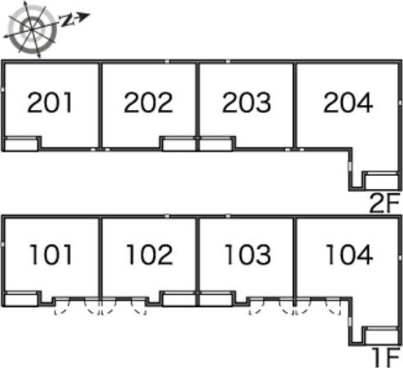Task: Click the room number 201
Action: pyautogui.click(x=50, y=103)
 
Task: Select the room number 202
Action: pyautogui.click(x=148, y=103)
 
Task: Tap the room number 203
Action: pyautogui.click(x=247, y=103)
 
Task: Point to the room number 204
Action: pyautogui.click(x=348, y=103)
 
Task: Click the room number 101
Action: pyautogui.click(x=51, y=254)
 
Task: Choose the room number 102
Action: pyautogui.click(x=150, y=254)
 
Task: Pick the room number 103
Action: pyautogui.click(x=248, y=254)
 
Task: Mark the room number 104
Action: pyautogui.click(x=349, y=254)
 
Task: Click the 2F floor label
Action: pyautogui.click(x=384, y=203)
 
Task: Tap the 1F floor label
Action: pyautogui.click(x=386, y=357)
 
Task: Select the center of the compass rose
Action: pyautogui.click(x=32, y=28)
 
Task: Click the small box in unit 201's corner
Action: pyautogui.click(x=21, y=144)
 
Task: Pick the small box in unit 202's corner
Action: pyautogui.click(x=179, y=144)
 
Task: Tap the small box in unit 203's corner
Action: pyautogui.click(x=216, y=144)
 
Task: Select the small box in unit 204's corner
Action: pyautogui.click(x=381, y=181)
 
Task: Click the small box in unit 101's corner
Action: pyautogui.click(x=21, y=300)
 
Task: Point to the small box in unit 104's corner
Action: pyautogui.click(x=381, y=336)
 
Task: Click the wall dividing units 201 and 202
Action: pyautogui.click(x=100, y=106)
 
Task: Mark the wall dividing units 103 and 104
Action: pyautogui.click(x=295, y=258)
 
